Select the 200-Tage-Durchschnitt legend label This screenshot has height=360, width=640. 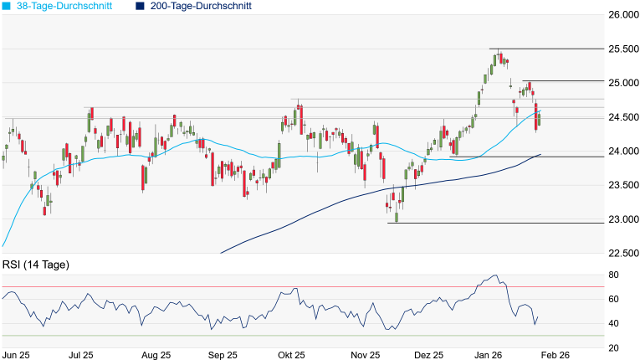point(201,6)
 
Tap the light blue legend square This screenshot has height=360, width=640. point(7,6)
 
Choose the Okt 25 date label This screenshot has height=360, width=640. point(291,355)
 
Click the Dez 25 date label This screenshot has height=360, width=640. point(428,355)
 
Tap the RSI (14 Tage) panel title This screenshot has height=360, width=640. point(35,265)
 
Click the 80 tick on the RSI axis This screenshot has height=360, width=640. point(613,275)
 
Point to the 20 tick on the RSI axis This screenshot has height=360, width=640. point(613,347)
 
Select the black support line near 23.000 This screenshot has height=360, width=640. point(502,223)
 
